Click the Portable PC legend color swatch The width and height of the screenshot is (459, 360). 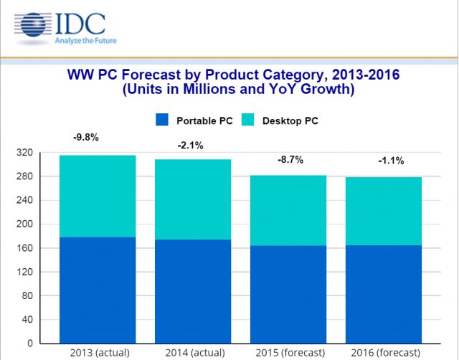coord(162,120)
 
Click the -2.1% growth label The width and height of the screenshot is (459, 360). coord(191,146)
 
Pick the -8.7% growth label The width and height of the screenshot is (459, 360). coord(290,160)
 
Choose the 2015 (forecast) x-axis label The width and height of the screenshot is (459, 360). coord(288,352)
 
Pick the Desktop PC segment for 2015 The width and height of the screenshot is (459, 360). coord(288,210)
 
